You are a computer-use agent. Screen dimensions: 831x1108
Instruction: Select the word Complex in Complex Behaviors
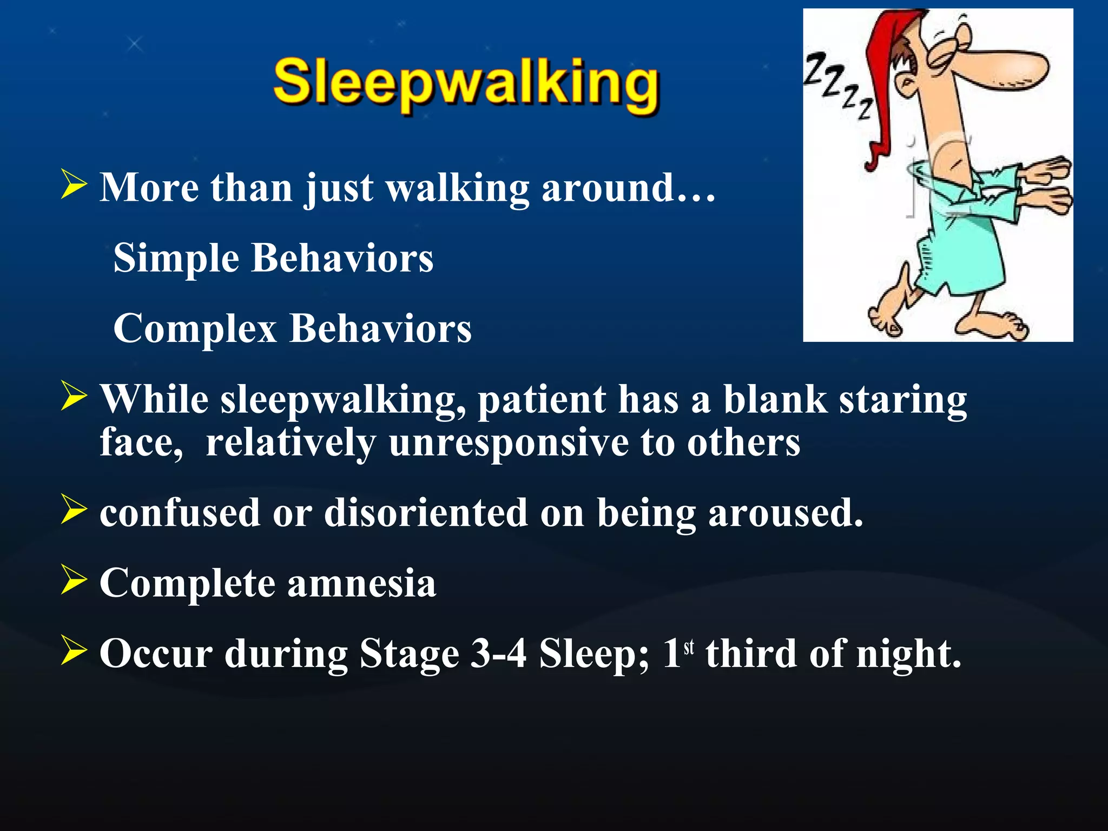tap(195, 329)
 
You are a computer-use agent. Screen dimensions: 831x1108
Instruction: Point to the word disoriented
tap(426, 513)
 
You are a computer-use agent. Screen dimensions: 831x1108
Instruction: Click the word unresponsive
tap(509, 443)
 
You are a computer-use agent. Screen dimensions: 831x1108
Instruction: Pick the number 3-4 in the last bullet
tap(498, 654)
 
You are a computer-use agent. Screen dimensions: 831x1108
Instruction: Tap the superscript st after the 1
tap(688, 647)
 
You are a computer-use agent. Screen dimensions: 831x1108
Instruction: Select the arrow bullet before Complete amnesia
tap(74, 579)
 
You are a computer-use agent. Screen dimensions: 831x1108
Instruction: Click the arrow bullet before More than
tap(74, 184)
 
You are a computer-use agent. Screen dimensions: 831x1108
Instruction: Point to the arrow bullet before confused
tap(74, 509)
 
